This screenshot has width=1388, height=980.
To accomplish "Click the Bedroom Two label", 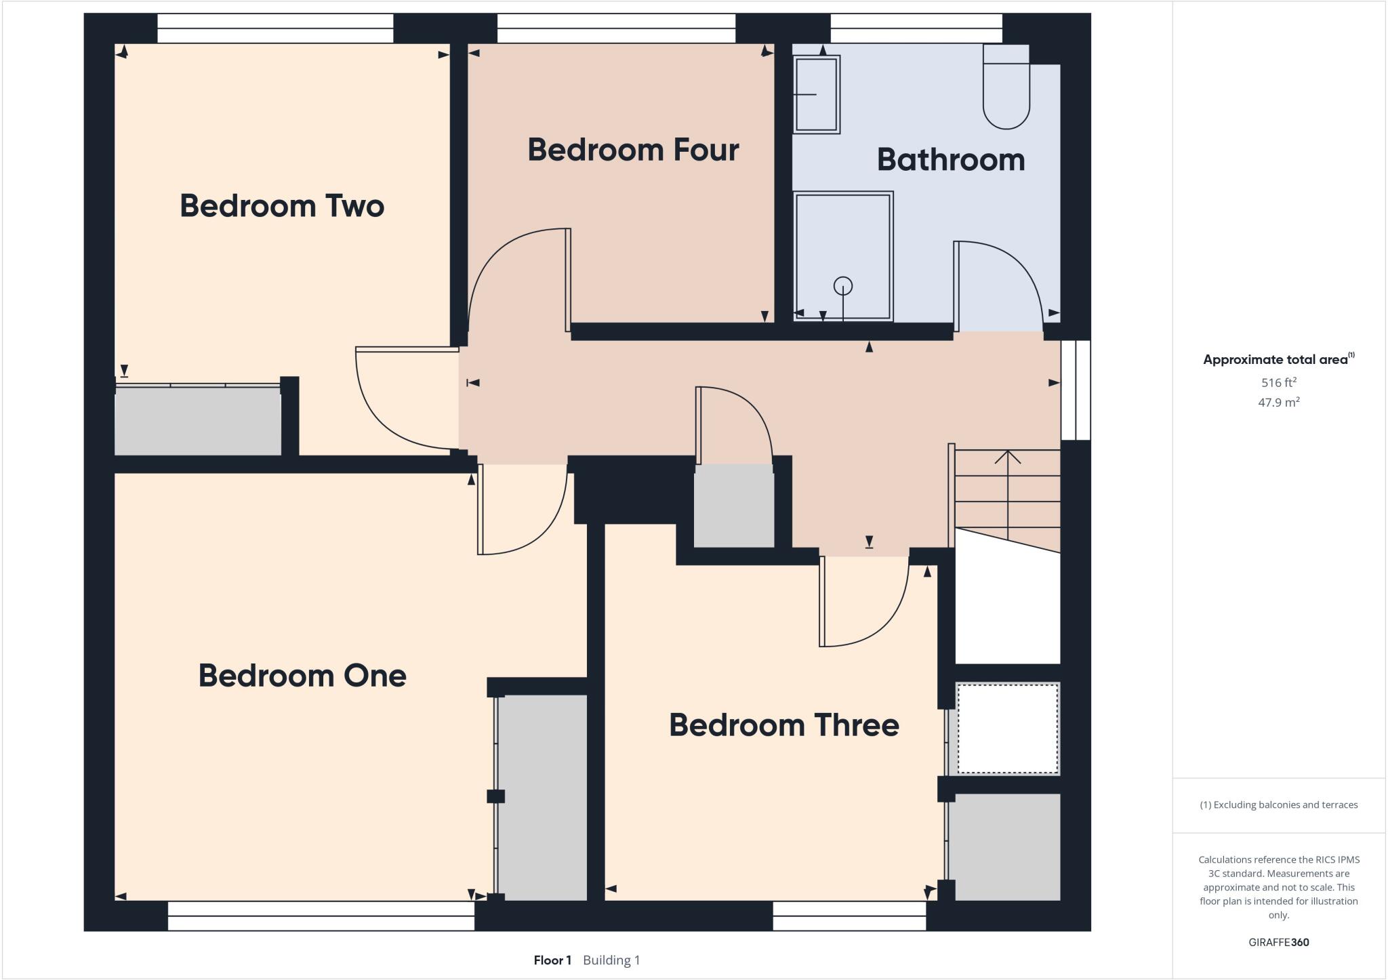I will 282,206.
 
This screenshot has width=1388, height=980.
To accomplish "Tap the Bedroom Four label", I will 633,150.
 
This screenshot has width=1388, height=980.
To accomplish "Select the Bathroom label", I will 950,160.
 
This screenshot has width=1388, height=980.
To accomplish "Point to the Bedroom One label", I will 302,676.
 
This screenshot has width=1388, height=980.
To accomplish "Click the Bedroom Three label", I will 784,725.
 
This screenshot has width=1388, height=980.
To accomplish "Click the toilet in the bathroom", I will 1006,88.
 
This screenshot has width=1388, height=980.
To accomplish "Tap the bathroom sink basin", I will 817,94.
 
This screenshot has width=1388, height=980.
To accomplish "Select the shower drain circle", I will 843,285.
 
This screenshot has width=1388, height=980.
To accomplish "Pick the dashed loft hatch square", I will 1008,729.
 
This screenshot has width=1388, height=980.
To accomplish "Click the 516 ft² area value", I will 1279,382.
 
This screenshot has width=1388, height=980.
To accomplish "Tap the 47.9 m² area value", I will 1279,402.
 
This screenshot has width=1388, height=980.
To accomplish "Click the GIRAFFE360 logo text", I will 1279,942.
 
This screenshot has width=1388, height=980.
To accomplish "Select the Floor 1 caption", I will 552,960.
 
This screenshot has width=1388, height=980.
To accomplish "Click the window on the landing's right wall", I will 1076,390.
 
